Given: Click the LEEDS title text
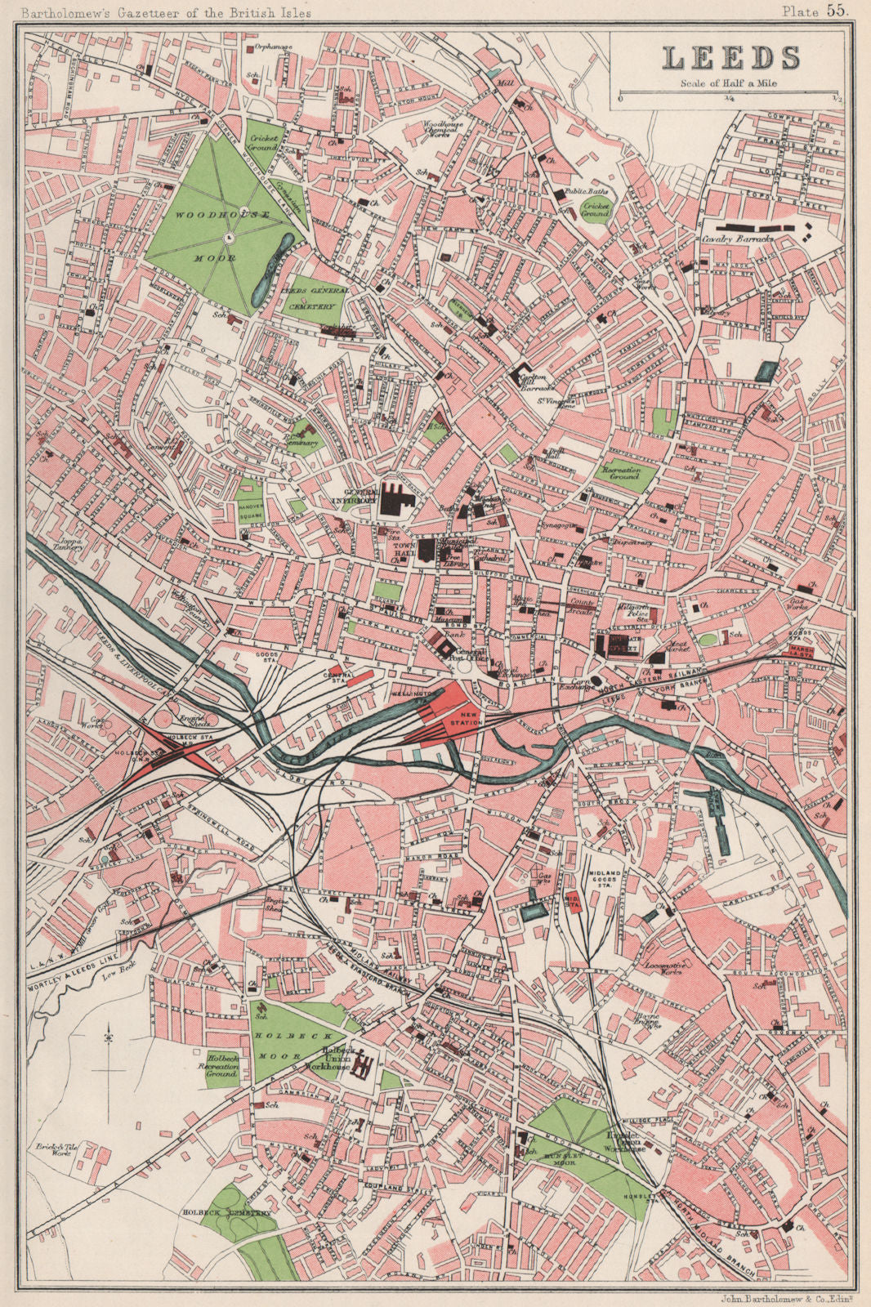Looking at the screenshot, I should (x=730, y=58).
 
